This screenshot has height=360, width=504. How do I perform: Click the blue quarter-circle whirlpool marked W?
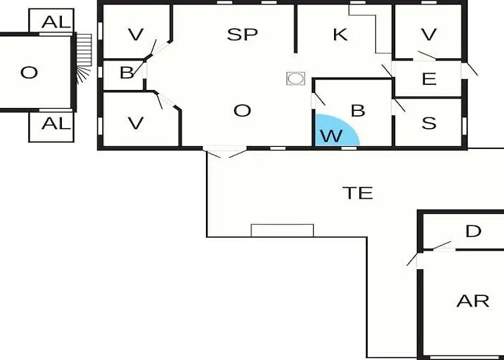334,132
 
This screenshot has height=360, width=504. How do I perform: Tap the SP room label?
243,35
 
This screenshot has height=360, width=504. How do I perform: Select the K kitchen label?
340,35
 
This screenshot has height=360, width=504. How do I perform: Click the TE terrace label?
358,193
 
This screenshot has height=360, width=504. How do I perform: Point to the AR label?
473,301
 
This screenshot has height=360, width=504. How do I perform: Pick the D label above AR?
474,231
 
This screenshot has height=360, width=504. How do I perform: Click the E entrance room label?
429,78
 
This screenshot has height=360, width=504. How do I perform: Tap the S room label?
429,123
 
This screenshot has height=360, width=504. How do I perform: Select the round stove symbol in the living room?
296,78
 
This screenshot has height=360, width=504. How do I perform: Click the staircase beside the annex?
84,58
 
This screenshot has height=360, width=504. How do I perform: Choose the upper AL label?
55,22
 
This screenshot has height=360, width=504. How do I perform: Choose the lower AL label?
55,123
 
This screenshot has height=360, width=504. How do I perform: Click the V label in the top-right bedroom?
429,35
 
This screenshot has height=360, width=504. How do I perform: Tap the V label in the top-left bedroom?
135,35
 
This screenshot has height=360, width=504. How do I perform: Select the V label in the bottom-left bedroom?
135,123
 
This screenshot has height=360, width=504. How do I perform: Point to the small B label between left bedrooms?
127,73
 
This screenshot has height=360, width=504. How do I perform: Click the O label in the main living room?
242,111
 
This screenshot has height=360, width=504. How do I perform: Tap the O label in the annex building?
29,73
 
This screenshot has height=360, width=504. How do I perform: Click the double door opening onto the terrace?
225,152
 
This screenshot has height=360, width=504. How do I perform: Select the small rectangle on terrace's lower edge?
282,230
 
